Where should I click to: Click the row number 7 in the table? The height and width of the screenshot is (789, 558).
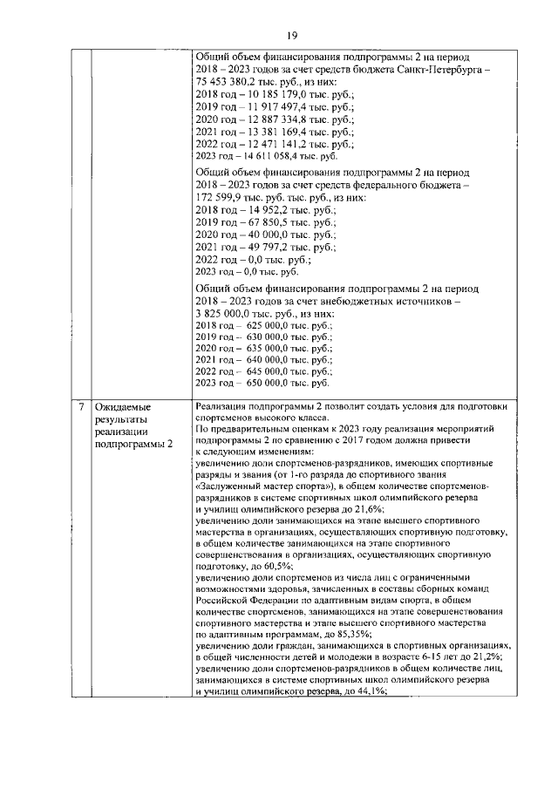coord(80,407)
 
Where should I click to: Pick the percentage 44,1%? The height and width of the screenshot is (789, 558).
coord(371,690)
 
